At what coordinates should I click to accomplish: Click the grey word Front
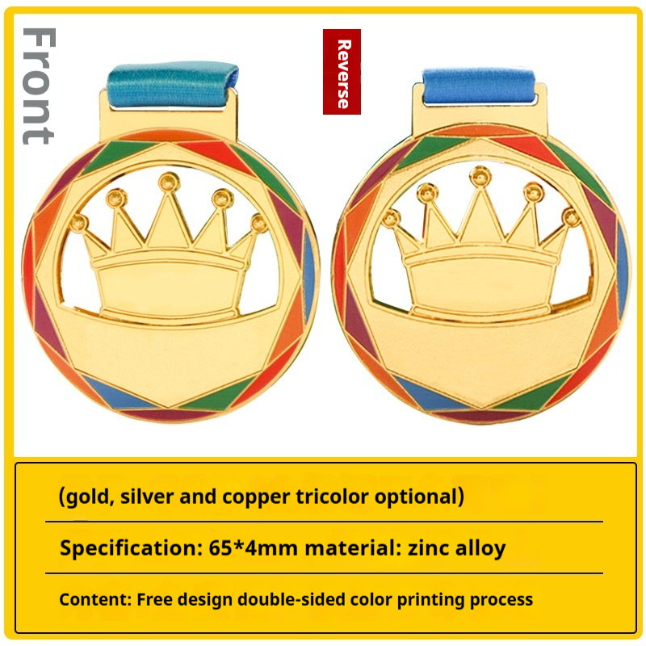[38, 86]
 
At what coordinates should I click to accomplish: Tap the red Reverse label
[342, 72]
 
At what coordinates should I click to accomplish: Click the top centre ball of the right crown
[480, 176]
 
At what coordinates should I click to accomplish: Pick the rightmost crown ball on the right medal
[571, 216]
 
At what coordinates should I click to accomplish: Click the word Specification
[128, 548]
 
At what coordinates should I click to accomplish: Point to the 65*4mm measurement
[254, 548]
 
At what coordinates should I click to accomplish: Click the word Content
[95, 599]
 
